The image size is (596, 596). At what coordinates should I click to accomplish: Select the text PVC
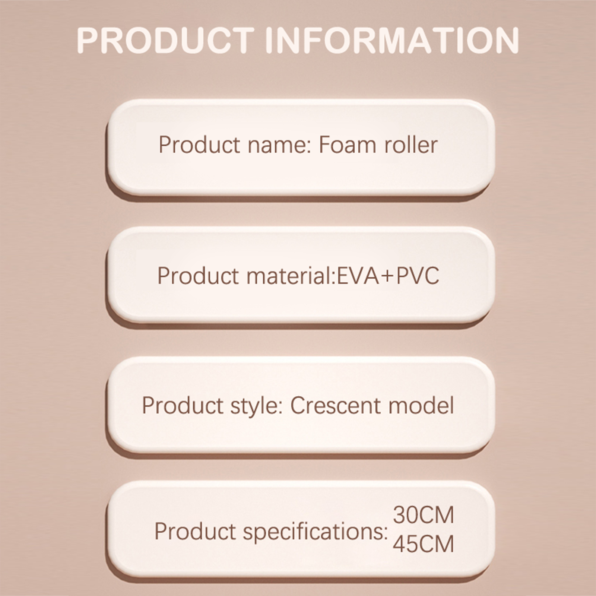(x=418, y=276)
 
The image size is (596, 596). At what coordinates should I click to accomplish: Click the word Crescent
(x=336, y=405)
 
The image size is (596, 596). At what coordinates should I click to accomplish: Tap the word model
(x=421, y=405)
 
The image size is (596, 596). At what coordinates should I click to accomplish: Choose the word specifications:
(x=316, y=532)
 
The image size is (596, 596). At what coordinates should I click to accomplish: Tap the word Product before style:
(x=182, y=405)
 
